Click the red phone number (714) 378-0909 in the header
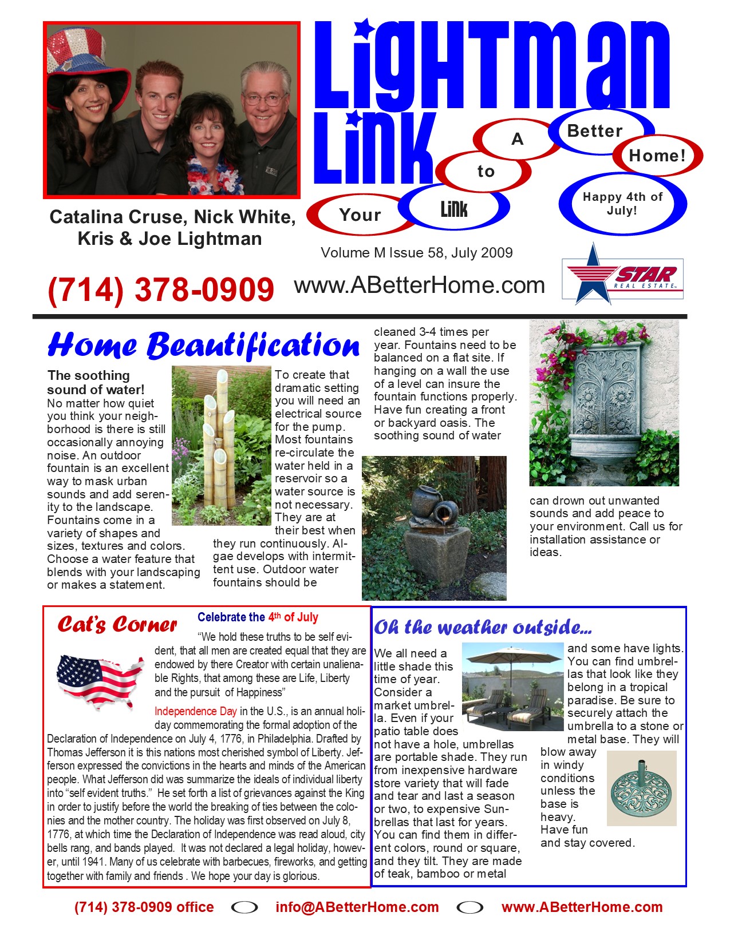pyautogui.click(x=161, y=289)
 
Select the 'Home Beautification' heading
pyautogui.click(x=203, y=346)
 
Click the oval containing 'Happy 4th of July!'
pyautogui.click(x=622, y=204)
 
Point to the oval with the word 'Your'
pyautogui.click(x=360, y=215)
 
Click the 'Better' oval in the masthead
pyautogui.click(x=595, y=131)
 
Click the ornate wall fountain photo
pyautogui.click(x=604, y=403)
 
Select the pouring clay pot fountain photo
pyautogui.click(x=434, y=527)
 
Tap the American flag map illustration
pyautogui.click(x=100, y=680)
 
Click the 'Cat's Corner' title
pyautogui.click(x=117, y=625)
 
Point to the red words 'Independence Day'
pyautogui.click(x=195, y=711)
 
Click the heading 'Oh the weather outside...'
pyautogui.click(x=483, y=628)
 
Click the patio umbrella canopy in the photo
pyautogui.click(x=512, y=656)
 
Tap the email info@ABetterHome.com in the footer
pyautogui.click(x=357, y=907)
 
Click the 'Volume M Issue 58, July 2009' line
pyautogui.click(x=416, y=253)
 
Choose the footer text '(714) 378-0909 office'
pyautogui.click(x=144, y=907)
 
